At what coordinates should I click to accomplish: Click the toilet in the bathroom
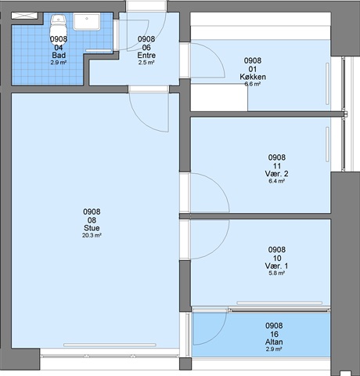coord(59,28)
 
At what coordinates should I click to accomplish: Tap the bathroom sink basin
coord(87,22)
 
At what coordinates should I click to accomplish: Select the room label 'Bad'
coord(59,55)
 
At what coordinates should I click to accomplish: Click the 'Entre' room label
coord(146,55)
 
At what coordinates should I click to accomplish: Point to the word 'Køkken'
coord(253,77)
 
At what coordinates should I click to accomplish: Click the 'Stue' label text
coord(92,228)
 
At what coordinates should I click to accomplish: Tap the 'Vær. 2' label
coord(277,174)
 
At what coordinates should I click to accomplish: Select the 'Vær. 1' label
coord(277,266)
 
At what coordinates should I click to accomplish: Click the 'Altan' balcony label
coord(274,342)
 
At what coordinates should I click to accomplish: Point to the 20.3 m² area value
coord(92,235)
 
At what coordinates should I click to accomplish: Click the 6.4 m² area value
coord(277,181)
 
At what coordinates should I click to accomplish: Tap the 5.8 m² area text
coord(277,273)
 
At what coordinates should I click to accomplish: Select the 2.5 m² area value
coord(146,63)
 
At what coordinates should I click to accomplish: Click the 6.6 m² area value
coord(253,84)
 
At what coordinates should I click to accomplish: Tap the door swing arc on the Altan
coord(217,334)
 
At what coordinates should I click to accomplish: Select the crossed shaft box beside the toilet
coord(24,16)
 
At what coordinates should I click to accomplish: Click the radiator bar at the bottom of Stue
coord(110,345)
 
